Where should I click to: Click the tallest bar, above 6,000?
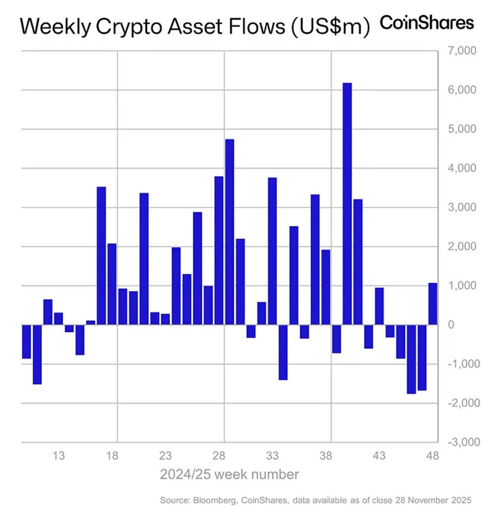pos(347,204)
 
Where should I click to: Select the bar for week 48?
pos(433,304)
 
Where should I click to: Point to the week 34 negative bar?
pos(283,352)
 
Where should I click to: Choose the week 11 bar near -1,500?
pos(37,354)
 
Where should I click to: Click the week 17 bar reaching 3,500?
pos(101,256)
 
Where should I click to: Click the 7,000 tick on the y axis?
pos(461,51)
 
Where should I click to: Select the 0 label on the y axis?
pos(451,325)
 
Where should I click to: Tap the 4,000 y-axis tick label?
pos(461,168)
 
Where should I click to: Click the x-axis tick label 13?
pos(59,456)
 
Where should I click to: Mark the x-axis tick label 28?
pos(219,456)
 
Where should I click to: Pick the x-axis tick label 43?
pos(379,456)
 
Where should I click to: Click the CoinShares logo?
pos(427,23)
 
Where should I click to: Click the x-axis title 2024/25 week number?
pos(229,474)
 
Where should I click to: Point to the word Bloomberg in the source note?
pos(214,500)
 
